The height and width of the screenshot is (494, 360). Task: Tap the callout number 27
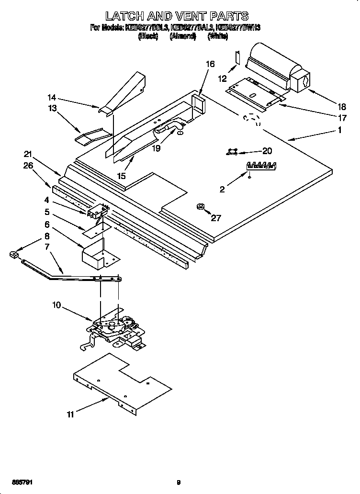pyautogui.click(x=216, y=218)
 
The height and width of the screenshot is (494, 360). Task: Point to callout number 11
pyautogui.click(x=70, y=415)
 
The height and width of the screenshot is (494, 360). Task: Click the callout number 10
pyautogui.click(x=57, y=304)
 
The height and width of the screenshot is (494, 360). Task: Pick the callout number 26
pyautogui.click(x=29, y=166)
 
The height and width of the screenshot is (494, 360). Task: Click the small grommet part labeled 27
pyautogui.click(x=200, y=207)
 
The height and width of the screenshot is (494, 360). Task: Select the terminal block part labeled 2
pyautogui.click(x=261, y=166)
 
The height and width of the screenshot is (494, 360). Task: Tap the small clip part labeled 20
pyautogui.click(x=233, y=152)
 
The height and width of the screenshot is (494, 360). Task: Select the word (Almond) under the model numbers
pyautogui.click(x=183, y=36)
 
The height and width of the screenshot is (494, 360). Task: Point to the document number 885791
pyautogui.click(x=20, y=483)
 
